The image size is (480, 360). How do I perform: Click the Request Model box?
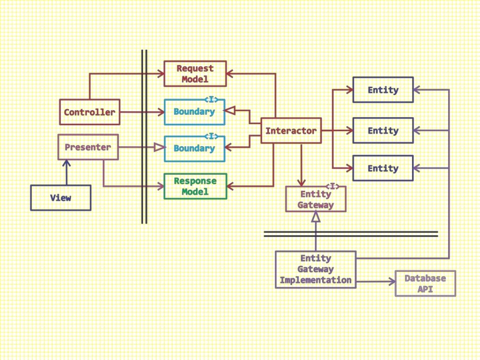[195, 74]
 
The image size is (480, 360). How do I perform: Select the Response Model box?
[195, 186]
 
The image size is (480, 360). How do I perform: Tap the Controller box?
[90, 112]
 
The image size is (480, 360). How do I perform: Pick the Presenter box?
[88, 147]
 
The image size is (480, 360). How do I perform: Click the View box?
[60, 198]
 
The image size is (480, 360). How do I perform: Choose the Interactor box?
[291, 131]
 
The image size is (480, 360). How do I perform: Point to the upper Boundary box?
[194, 112]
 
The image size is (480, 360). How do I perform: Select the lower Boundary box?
[194, 149]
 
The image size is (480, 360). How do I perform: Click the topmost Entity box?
[382, 90]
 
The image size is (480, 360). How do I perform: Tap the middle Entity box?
[382, 131]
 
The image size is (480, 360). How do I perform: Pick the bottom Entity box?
[382, 168]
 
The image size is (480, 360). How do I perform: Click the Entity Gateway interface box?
[315, 200]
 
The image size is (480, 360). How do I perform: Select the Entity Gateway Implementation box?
[315, 270]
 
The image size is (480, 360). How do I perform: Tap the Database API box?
[425, 283]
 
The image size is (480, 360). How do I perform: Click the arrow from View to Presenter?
[67, 172]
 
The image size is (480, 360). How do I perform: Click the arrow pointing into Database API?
[375, 282]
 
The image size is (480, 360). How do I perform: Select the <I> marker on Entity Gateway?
[332, 187]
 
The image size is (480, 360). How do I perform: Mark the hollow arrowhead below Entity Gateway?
[315, 217]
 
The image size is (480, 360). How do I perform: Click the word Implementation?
[315, 280]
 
